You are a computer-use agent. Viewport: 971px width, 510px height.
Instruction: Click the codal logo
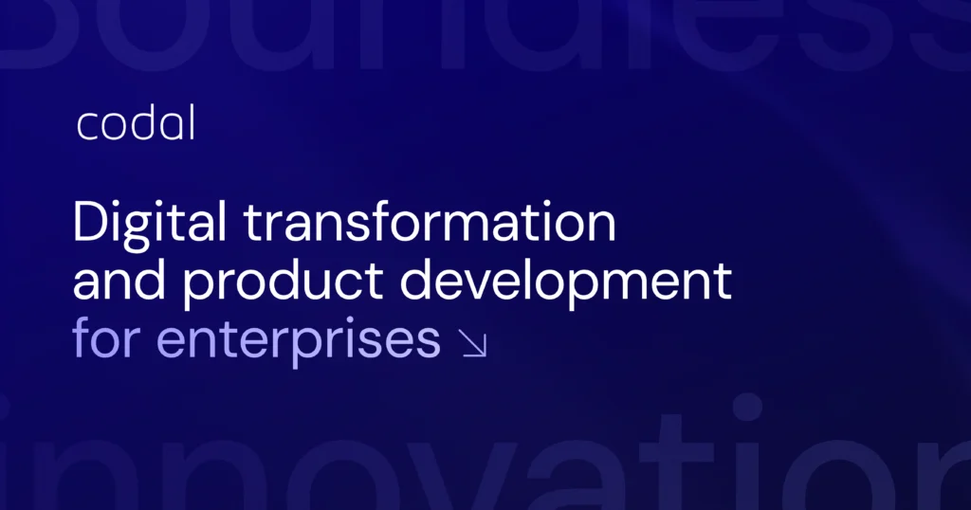point(135,125)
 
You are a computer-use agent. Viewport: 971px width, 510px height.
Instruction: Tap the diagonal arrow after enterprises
point(473,343)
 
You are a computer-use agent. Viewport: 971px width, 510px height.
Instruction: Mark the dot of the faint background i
point(746,407)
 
